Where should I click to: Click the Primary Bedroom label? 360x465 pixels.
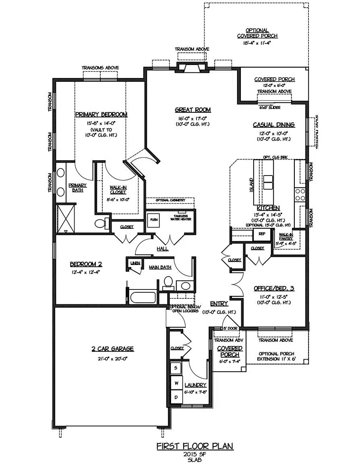(x=101, y=115)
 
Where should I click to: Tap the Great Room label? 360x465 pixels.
(x=192, y=110)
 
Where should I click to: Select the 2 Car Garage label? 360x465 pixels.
(x=112, y=349)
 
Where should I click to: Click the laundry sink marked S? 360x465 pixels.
(x=176, y=368)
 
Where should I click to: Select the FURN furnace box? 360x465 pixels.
(x=153, y=220)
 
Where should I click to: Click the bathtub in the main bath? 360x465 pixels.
(x=142, y=298)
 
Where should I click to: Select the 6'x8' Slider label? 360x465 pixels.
(x=270, y=107)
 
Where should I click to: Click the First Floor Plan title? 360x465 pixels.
(x=194, y=446)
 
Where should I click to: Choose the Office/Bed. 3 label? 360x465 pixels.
(x=274, y=288)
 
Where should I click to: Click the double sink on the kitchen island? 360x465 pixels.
(x=268, y=182)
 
